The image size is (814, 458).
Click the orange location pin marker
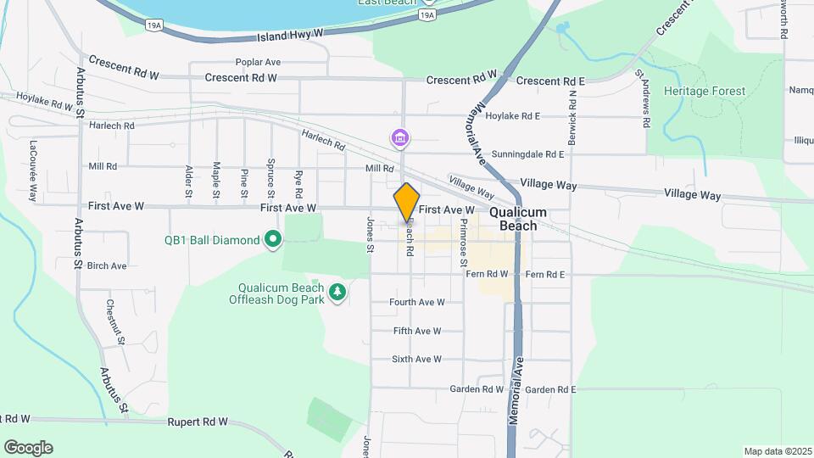pos(407,202)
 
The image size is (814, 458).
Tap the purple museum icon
pos(399,137)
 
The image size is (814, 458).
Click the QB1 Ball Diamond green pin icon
pos(272,241)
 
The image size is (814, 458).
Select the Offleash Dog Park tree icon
pos(338,293)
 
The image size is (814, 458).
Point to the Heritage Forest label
pos(705,91)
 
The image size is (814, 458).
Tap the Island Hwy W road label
pos(290,36)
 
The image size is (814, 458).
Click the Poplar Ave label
pos(258,63)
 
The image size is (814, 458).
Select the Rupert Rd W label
pos(198,422)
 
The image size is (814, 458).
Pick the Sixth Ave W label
pos(416,360)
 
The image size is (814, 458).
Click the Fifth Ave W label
pos(417,331)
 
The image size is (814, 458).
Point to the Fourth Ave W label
pos(416,302)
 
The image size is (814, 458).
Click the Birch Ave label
pos(107,265)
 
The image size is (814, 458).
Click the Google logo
pos(28,448)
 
